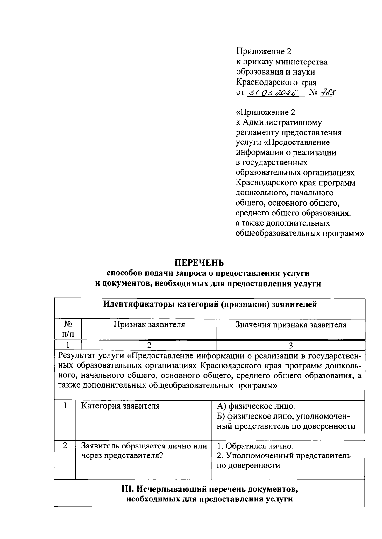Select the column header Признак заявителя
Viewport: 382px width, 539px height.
[x=149, y=325]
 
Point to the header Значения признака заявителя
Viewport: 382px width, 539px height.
[x=291, y=325]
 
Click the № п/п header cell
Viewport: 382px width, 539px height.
[x=68, y=329]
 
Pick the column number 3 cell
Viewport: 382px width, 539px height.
[x=290, y=346]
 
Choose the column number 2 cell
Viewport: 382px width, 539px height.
[x=149, y=346]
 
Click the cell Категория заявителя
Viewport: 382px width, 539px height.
[x=120, y=406]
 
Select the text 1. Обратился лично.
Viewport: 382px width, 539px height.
[x=255, y=446]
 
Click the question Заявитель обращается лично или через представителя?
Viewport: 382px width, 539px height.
[x=144, y=451]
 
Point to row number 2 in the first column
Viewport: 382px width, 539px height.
[x=65, y=446]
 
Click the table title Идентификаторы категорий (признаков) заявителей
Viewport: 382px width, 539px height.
[x=210, y=304]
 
